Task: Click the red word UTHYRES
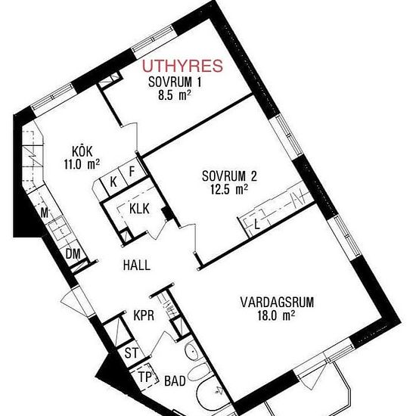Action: (x=182, y=66)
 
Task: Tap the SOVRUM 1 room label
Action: (x=175, y=82)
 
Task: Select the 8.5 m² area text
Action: (x=175, y=95)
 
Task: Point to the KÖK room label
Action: (x=82, y=151)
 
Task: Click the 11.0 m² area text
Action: (x=82, y=164)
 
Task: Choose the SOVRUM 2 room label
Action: (x=229, y=176)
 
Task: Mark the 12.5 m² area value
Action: (x=229, y=189)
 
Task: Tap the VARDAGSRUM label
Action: (x=277, y=303)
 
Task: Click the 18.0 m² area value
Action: (x=276, y=315)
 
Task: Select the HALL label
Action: (x=137, y=265)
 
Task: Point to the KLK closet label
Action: (x=139, y=209)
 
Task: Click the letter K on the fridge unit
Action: (x=113, y=182)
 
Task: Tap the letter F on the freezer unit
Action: (x=132, y=172)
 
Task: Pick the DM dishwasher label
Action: (x=73, y=254)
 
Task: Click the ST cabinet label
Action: (x=132, y=353)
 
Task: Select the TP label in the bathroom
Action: (x=144, y=377)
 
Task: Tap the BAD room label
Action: (x=175, y=381)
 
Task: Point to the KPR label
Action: (x=144, y=315)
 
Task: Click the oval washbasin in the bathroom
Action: (x=191, y=351)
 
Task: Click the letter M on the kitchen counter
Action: (x=45, y=213)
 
